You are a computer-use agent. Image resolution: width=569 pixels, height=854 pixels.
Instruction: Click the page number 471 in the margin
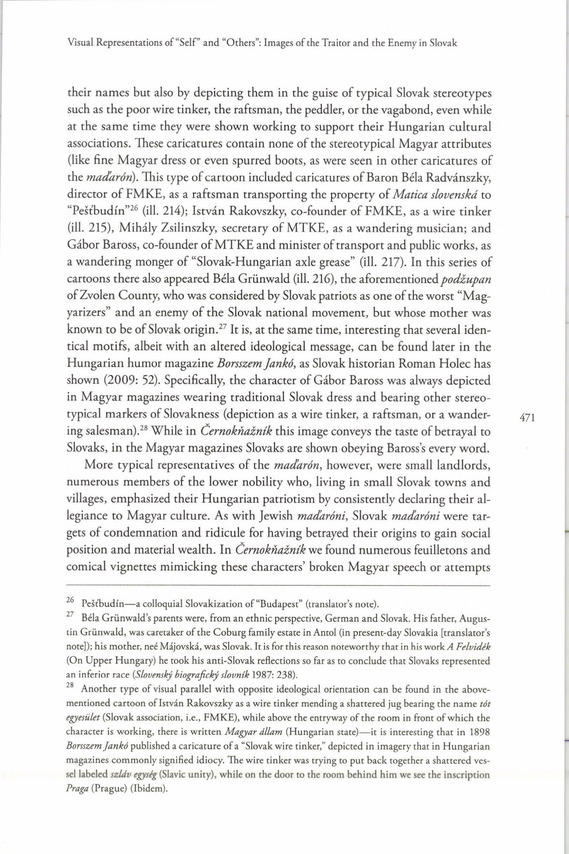(528, 418)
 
